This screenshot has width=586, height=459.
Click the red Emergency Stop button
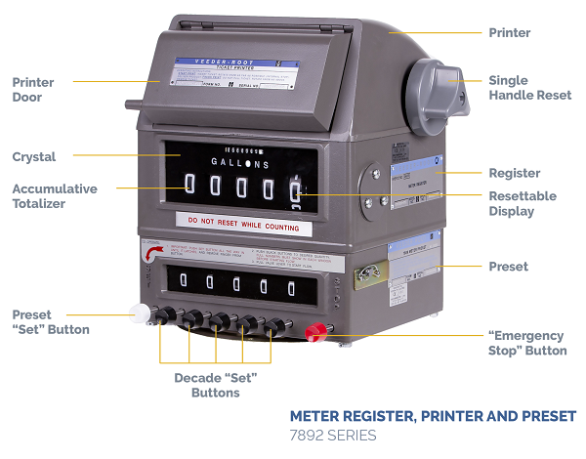click(x=314, y=332)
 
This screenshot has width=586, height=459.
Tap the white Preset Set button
click(x=137, y=313)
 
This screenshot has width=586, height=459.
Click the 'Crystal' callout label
click(x=34, y=156)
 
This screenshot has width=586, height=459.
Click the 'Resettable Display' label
click(x=522, y=204)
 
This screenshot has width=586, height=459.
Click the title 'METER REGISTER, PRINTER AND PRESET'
click(x=433, y=417)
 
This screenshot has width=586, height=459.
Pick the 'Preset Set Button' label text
click(x=50, y=322)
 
